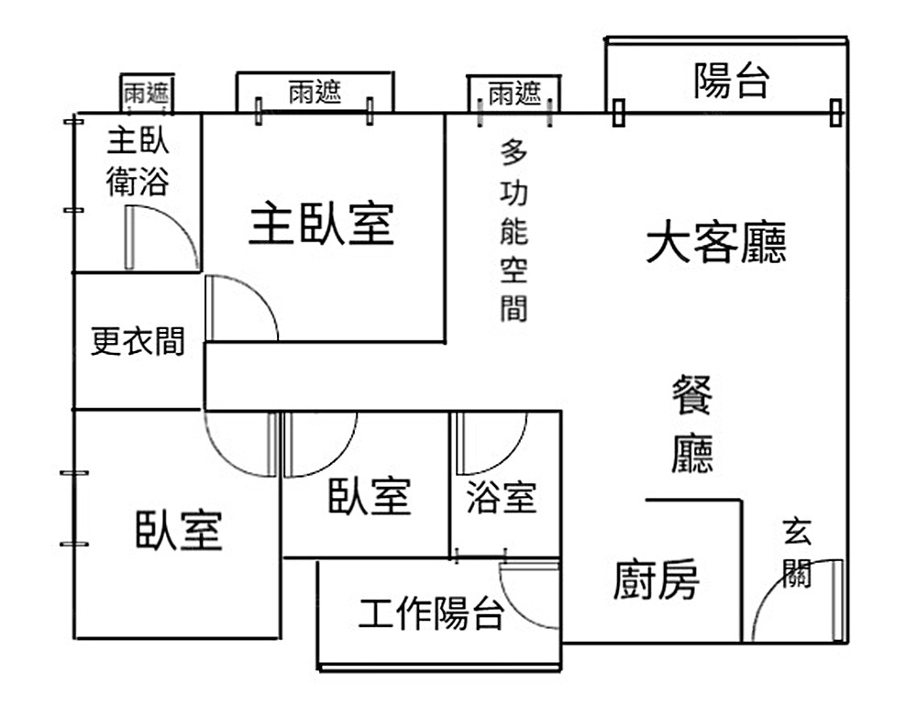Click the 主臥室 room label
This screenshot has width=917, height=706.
pos(321,225)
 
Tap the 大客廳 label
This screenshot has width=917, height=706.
pos(716,244)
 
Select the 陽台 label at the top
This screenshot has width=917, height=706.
pos(731,81)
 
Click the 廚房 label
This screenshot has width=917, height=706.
pos(657,580)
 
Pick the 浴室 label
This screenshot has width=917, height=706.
pos(501,498)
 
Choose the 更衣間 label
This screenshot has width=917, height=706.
pos(138,341)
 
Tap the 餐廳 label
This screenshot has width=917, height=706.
pos(692,425)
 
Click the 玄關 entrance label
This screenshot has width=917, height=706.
pos(796,553)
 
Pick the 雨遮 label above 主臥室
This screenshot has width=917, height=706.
pos(315,92)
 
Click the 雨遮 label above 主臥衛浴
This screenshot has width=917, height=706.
pos(147,93)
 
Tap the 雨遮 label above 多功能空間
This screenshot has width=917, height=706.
pos(514,93)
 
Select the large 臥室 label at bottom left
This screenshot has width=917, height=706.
pos(179,530)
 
